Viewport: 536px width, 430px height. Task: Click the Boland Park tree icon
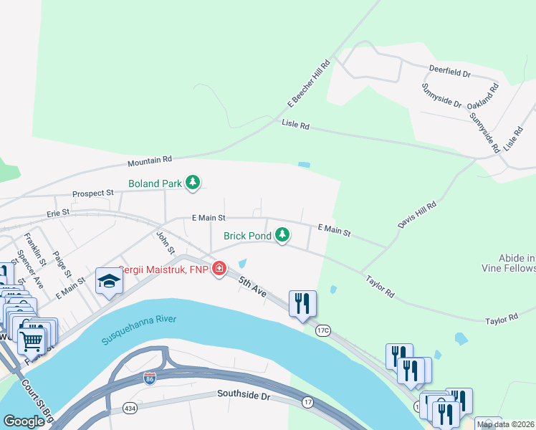[192, 183]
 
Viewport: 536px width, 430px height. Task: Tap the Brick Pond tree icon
[283, 234]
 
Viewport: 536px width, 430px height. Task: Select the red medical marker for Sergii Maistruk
[219, 270]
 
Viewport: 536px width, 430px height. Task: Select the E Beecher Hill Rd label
[308, 85]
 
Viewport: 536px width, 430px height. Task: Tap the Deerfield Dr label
[449, 73]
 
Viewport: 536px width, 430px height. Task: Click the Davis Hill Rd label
[417, 215]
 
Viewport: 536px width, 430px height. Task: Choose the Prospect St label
[93, 193]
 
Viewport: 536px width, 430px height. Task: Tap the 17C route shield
[322, 330]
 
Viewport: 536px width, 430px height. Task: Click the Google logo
[24, 421]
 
